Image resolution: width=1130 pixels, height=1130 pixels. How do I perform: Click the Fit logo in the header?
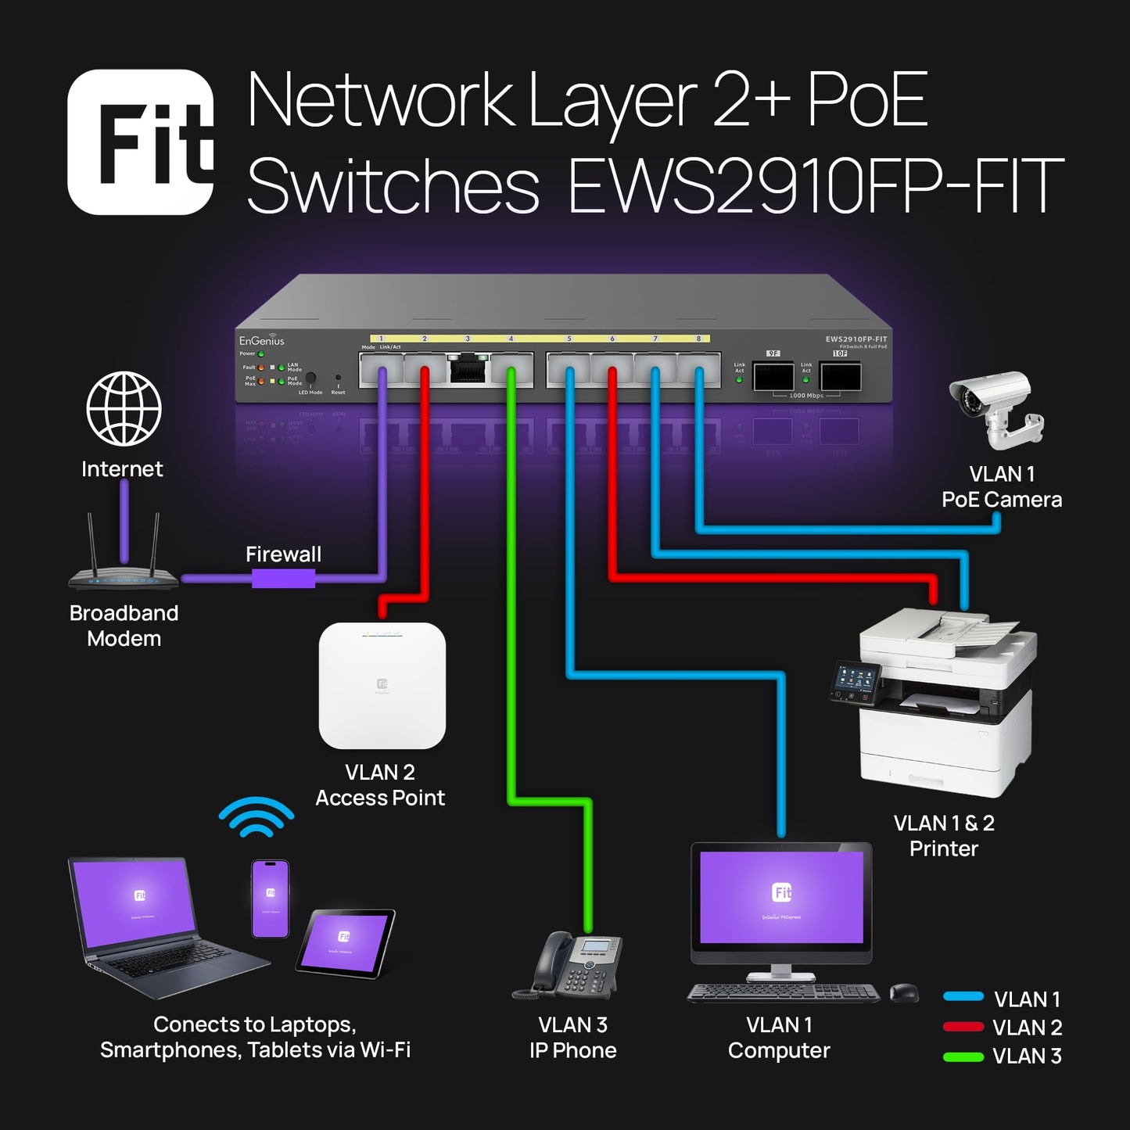coord(141,142)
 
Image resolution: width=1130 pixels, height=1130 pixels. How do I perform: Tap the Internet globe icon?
coord(124,409)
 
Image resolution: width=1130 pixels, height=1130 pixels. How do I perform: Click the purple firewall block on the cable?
coord(283,579)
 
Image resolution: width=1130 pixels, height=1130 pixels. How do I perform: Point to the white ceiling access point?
coord(382,685)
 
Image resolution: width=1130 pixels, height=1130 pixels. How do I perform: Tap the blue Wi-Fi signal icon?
coord(256,818)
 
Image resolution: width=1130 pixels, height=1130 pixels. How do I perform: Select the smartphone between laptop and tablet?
coord(271,899)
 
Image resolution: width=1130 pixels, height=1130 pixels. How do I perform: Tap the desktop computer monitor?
coord(781,899)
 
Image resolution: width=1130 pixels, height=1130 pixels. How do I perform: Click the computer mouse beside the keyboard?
coord(904,992)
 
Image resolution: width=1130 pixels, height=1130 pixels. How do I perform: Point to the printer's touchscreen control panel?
coord(855,681)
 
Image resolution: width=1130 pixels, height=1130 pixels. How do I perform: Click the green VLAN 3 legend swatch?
coord(963,1056)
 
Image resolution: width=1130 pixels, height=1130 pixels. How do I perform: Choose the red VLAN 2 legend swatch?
coord(963,1027)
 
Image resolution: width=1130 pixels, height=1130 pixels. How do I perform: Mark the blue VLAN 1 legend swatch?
coord(963,997)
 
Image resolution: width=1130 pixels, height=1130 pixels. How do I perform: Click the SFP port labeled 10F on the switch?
coord(840,376)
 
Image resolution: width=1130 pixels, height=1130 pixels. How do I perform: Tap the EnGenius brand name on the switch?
coord(261,341)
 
